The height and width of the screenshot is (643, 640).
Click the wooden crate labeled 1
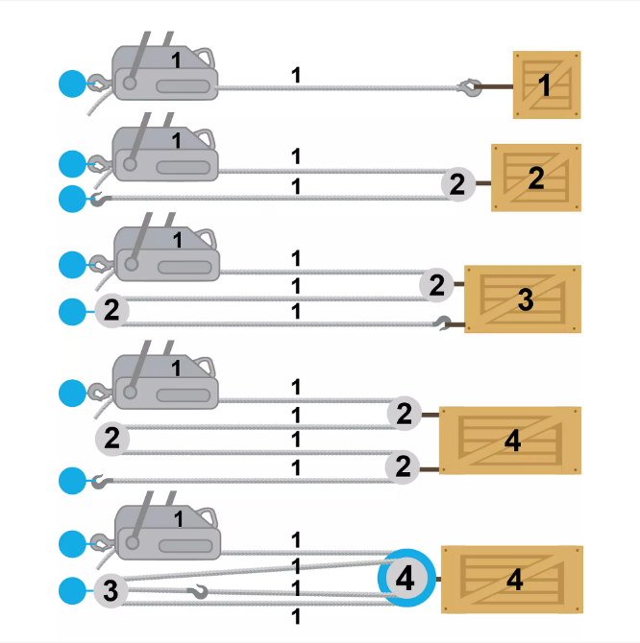click(x=547, y=84)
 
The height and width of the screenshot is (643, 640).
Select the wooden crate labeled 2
click(x=536, y=178)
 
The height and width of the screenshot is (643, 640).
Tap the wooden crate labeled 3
click(x=523, y=298)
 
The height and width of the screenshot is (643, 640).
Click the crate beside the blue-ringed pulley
click(x=512, y=580)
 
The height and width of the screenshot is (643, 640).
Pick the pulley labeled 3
click(x=111, y=591)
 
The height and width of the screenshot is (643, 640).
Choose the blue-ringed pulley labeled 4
click(x=406, y=578)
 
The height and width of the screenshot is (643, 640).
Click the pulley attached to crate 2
click(x=458, y=184)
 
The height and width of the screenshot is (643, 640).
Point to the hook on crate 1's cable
click(x=470, y=87)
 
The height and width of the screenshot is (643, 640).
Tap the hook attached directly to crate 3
click(x=443, y=323)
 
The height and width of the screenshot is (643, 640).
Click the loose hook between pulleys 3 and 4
click(x=198, y=591)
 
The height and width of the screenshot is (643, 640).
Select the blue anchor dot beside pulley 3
click(x=72, y=591)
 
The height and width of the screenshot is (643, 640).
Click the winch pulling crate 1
click(x=164, y=73)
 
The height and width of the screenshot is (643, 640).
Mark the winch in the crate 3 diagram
click(x=166, y=254)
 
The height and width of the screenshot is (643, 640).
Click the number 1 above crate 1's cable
click(x=296, y=76)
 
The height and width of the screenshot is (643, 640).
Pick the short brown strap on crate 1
click(x=497, y=86)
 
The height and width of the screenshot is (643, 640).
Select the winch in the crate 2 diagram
click(x=164, y=155)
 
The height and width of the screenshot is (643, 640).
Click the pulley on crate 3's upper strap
click(x=436, y=285)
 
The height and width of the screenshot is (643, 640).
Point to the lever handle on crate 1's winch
click(x=137, y=59)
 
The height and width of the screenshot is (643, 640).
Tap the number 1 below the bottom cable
click(x=296, y=617)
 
